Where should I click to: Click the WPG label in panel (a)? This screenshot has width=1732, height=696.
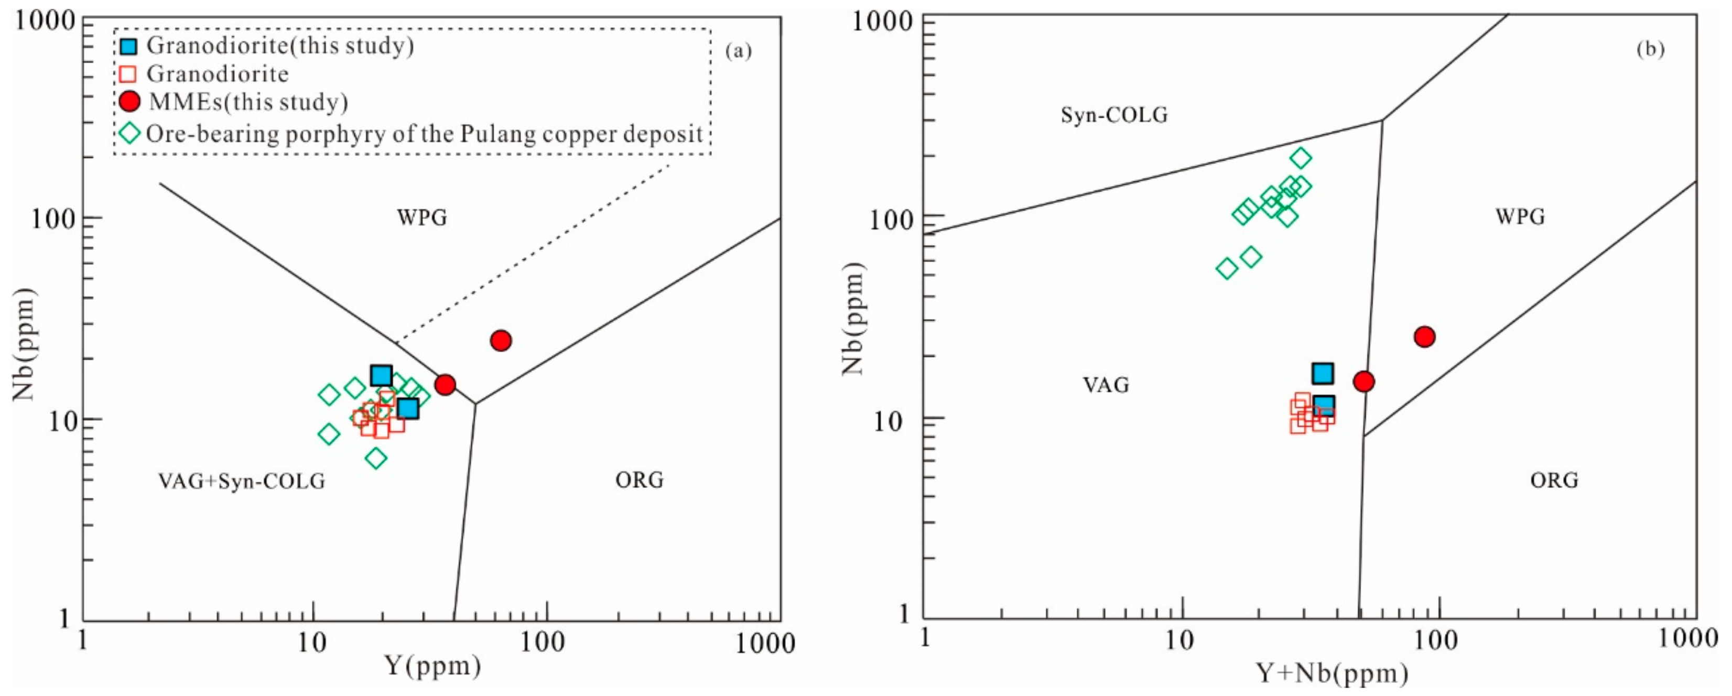click(421, 217)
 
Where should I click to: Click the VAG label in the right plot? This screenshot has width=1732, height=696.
click(1106, 385)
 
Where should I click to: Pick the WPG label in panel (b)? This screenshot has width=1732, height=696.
click(1520, 216)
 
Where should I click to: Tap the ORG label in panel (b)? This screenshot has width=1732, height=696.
click(1553, 480)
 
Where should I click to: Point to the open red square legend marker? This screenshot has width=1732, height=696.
click(128, 74)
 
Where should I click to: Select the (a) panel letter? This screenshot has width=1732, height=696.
click(738, 51)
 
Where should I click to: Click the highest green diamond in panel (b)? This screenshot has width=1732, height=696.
click(1301, 158)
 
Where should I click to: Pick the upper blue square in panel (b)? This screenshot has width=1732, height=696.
click(1323, 373)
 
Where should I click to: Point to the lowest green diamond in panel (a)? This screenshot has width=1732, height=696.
click(376, 458)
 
